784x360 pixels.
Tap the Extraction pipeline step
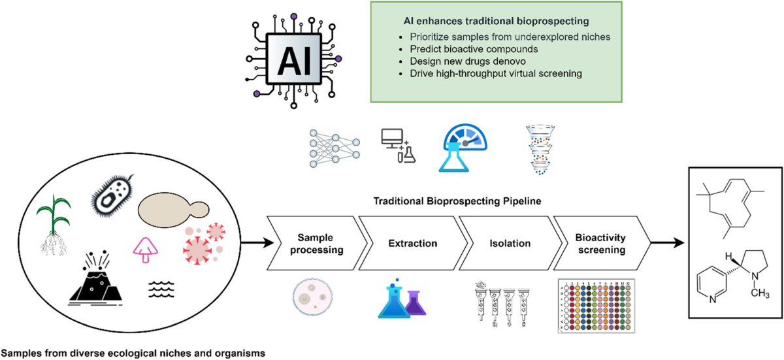413,243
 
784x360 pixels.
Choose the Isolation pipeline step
510,243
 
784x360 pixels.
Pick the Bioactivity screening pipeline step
601,243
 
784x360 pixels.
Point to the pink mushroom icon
145,250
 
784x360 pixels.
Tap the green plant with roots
54,224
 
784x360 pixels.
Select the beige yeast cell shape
173,209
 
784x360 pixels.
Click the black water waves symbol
161,289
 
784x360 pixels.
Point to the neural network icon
335,148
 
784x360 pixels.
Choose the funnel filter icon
540,150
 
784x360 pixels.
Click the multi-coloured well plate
596,305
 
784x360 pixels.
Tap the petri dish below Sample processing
312,297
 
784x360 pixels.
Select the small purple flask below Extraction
415,303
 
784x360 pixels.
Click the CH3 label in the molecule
760,293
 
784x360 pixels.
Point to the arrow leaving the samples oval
257,242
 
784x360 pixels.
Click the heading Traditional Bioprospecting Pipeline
457,201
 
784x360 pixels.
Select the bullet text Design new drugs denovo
468,61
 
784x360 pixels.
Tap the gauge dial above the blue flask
465,137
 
